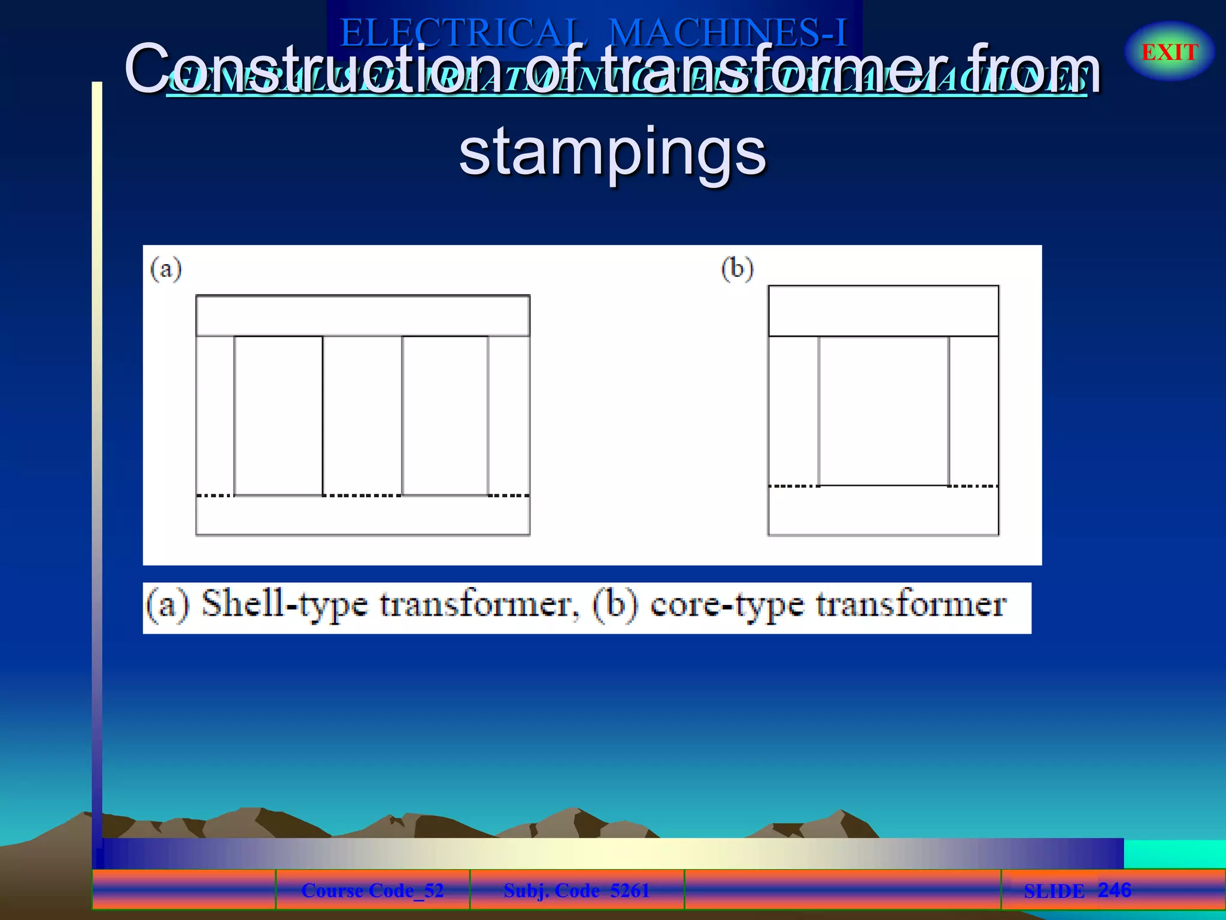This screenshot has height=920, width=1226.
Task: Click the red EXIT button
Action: pyautogui.click(x=1169, y=52)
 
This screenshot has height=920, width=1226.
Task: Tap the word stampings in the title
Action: pyautogui.click(x=612, y=152)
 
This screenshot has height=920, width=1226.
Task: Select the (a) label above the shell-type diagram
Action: pyautogui.click(x=166, y=269)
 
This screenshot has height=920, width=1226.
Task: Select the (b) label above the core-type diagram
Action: pyautogui.click(x=737, y=268)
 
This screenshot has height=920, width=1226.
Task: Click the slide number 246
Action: pyautogui.click(x=1114, y=889)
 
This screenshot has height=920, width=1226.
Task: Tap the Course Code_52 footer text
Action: pyautogui.click(x=372, y=890)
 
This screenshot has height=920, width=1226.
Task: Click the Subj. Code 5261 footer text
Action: pyautogui.click(x=576, y=890)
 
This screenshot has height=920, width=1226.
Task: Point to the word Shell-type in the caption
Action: pyautogui.click(x=284, y=605)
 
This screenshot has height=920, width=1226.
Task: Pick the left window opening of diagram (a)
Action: pyautogui.click(x=278, y=416)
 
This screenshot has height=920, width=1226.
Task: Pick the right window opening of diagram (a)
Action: pyautogui.click(x=445, y=416)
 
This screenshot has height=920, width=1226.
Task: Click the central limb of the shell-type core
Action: pyautogui.click(x=362, y=416)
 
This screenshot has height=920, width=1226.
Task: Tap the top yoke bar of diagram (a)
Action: pyautogui.click(x=362, y=316)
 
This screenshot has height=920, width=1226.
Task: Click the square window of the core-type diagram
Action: pyautogui.click(x=884, y=411)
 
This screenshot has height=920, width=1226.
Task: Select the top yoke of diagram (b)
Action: pyautogui.click(x=883, y=311)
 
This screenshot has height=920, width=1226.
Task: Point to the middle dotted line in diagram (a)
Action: pyautogui.click(x=362, y=495)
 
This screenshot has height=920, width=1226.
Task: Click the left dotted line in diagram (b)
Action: pyautogui.click(x=794, y=486)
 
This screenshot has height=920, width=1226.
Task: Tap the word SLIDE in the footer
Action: pyautogui.click(x=1054, y=891)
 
